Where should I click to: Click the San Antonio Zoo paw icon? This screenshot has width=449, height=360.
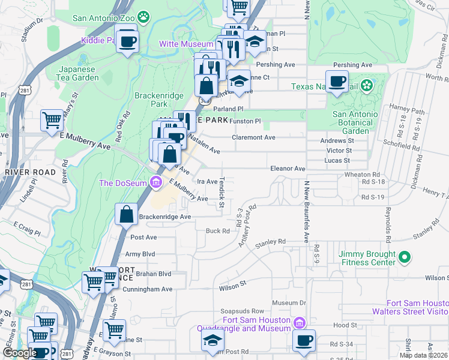143,17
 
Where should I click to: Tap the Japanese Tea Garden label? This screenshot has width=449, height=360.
78,73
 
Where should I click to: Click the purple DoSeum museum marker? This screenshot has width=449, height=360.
156,182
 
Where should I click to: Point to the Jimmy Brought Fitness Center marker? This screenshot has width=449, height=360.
405,258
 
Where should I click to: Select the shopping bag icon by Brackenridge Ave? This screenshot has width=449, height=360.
127,215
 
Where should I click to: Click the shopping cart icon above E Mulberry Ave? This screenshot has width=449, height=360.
52,121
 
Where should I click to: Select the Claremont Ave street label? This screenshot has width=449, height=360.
254,137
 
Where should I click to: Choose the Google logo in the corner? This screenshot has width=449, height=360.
20,353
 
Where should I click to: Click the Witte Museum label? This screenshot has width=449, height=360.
185,44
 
